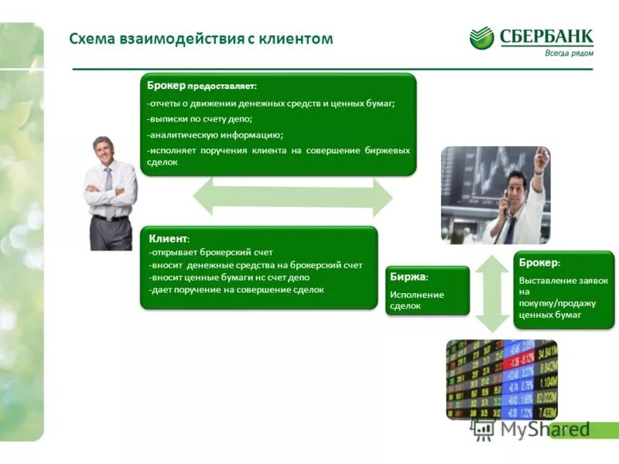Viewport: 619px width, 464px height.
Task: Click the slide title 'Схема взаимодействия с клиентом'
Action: coord(200,38)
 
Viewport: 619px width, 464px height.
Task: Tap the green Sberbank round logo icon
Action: coord(481,38)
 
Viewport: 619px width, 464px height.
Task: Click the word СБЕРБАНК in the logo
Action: coord(545,36)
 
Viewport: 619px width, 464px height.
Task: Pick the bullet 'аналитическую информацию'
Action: coord(216,135)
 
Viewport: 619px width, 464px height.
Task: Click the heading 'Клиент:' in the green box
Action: coord(168,239)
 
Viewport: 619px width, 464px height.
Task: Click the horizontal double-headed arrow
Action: coord(292,196)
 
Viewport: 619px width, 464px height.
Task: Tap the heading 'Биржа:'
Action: coord(409,277)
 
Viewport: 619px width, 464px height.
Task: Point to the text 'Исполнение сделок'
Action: coord(416,300)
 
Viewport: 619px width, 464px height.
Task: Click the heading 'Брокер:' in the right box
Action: coord(539,263)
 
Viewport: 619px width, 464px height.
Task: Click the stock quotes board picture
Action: coord(501,378)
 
